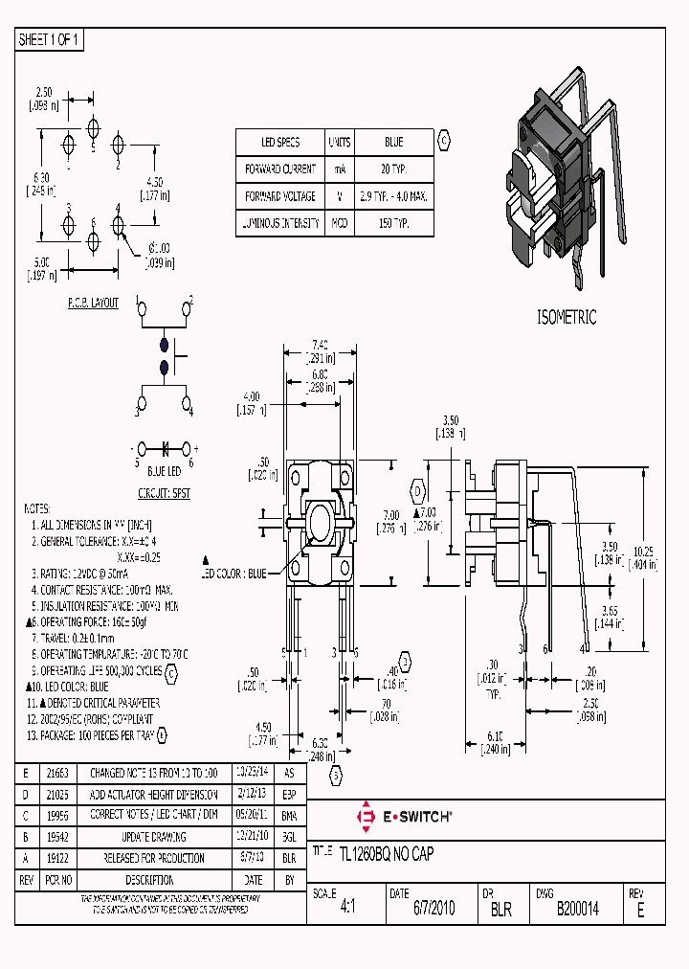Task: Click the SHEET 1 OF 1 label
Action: tap(51, 40)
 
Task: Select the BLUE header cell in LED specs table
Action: tap(393, 142)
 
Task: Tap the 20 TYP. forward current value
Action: tap(393, 169)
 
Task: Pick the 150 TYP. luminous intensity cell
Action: tap(393, 223)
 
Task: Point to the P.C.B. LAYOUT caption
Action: tap(93, 303)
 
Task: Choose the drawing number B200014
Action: tap(577, 910)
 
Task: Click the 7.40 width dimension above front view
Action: tap(321, 344)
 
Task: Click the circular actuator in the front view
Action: tap(321, 525)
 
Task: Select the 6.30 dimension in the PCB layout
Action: tap(40, 178)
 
